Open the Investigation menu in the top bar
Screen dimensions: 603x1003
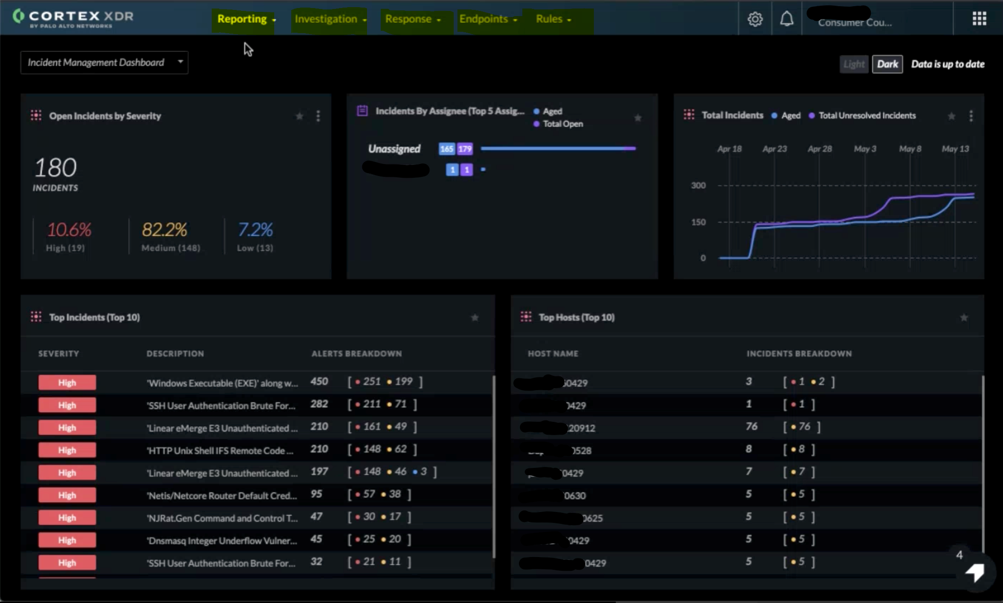coord(330,19)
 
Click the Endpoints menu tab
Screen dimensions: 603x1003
coord(487,19)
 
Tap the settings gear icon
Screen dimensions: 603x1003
coord(755,19)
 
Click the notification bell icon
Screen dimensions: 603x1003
coord(787,19)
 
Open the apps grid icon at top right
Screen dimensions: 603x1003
coord(979,19)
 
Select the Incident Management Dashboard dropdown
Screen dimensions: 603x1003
coord(104,63)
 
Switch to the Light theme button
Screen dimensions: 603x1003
coord(854,64)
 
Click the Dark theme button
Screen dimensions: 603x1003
coord(887,64)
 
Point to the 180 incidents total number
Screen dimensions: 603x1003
coord(55,168)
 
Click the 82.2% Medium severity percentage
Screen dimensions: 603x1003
coord(164,230)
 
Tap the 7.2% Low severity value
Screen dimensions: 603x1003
coord(255,230)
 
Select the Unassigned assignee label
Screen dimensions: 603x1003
coord(394,149)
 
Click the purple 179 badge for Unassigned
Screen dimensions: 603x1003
coord(465,149)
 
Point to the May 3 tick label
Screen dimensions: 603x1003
coord(865,149)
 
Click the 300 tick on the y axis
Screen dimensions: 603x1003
coord(698,185)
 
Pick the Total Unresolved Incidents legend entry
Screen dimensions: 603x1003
coord(867,116)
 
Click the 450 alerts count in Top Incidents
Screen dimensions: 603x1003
coord(319,382)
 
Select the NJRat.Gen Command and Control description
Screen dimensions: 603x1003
coord(222,518)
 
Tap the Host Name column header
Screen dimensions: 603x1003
coord(553,354)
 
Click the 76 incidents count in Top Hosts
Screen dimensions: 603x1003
coord(751,427)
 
